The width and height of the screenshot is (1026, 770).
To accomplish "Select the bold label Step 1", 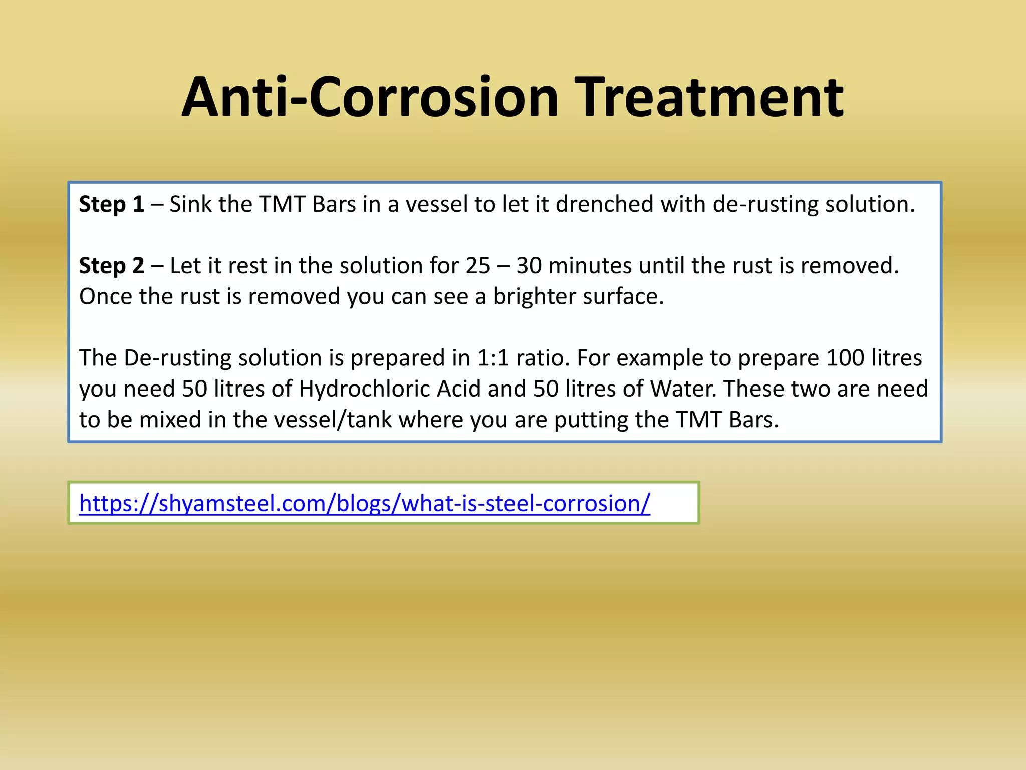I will click(111, 204).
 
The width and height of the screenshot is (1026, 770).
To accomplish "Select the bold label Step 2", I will click(111, 266).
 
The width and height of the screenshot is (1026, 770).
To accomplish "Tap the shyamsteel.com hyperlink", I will click(364, 503).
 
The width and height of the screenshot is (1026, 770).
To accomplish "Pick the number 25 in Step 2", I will click(478, 266).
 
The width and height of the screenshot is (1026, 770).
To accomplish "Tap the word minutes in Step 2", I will click(590, 266).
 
